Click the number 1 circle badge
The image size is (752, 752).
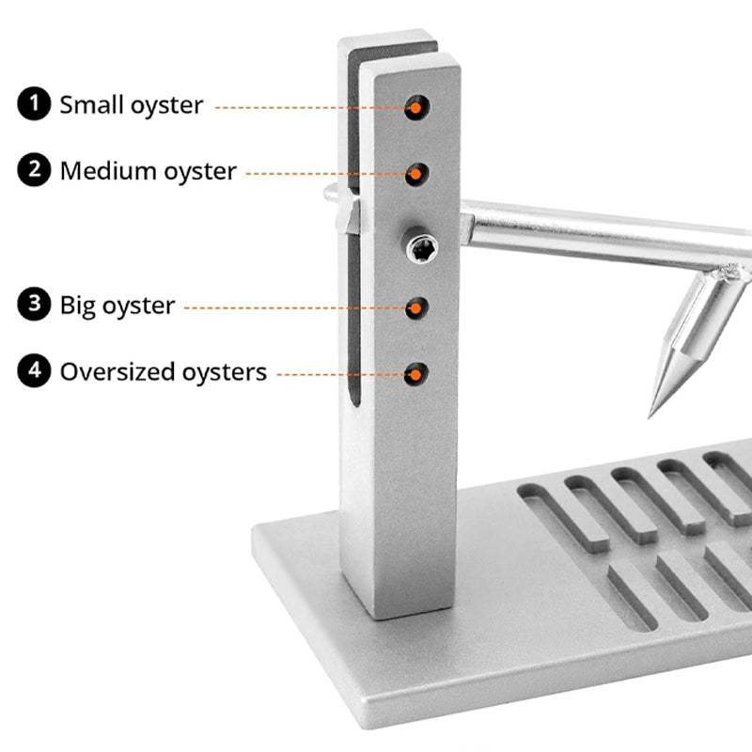(34, 104)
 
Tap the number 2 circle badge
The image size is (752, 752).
(34, 170)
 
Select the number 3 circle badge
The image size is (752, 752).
(34, 305)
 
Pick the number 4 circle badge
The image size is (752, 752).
(34, 371)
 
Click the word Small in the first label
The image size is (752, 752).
(90, 104)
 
